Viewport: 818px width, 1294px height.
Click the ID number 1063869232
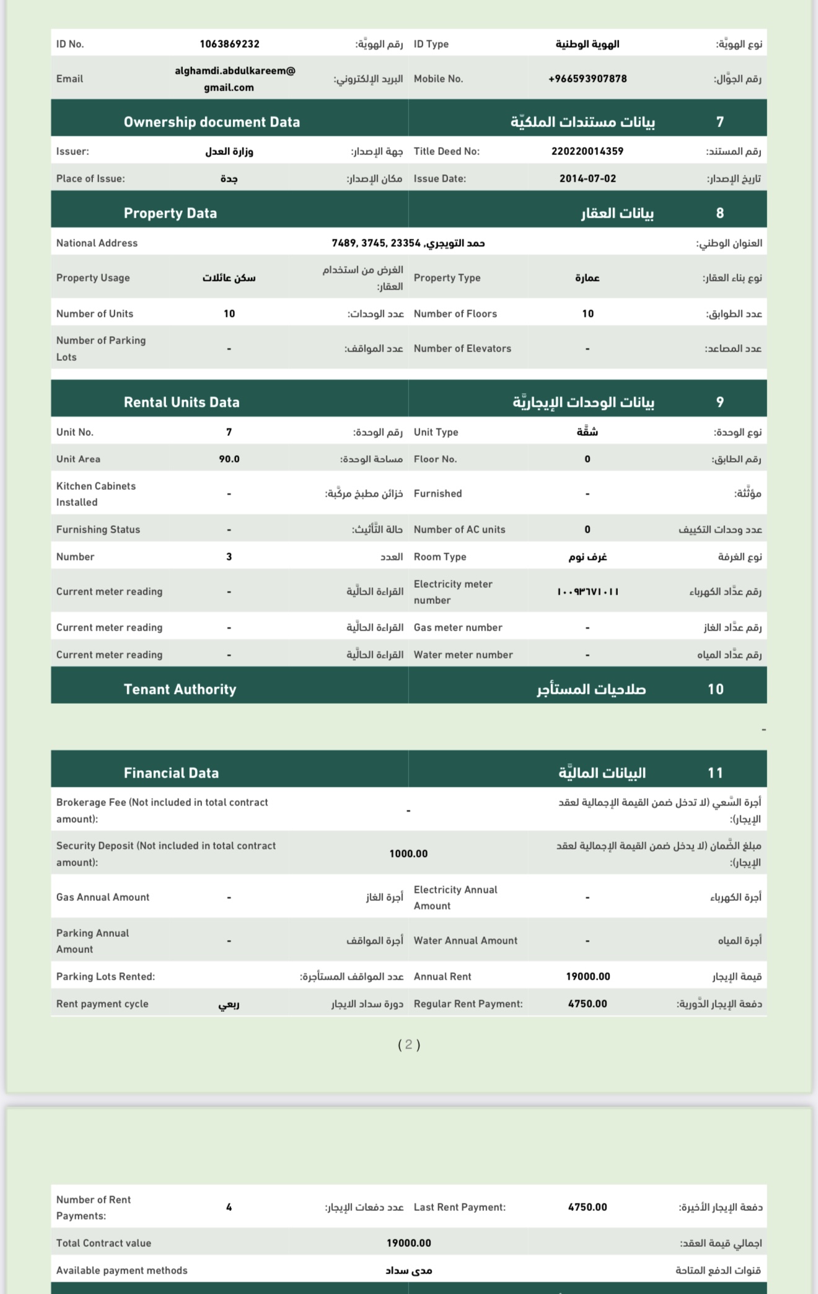click(229, 44)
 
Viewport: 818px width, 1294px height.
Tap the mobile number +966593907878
click(587, 79)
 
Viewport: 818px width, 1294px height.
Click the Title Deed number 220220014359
click(587, 151)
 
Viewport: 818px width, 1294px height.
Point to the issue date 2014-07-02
click(587, 179)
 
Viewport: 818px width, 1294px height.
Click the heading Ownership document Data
click(211, 122)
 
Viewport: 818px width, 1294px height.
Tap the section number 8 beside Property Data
click(719, 213)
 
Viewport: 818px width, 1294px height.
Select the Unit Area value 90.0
click(229, 459)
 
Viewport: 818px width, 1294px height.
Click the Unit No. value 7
click(229, 432)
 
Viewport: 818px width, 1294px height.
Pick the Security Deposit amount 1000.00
click(408, 854)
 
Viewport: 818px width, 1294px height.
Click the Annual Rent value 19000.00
click(587, 977)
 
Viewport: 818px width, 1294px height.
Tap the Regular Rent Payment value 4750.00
click(587, 1004)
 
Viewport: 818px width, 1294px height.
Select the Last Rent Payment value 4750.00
click(587, 1207)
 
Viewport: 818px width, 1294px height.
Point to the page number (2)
click(408, 1045)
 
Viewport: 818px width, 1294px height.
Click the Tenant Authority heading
click(180, 689)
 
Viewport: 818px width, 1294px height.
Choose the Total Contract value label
click(103, 1243)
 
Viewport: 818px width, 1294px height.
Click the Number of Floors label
click(455, 314)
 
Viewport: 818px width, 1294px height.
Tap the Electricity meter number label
click(453, 592)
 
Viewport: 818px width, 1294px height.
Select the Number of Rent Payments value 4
click(229, 1207)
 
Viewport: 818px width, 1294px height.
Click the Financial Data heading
click(171, 773)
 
